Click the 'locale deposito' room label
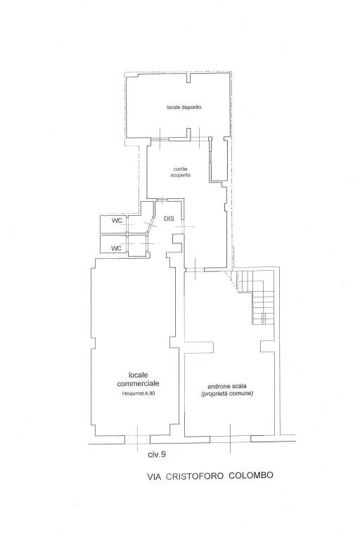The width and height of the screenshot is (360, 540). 184,107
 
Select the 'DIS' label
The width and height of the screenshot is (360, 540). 169,219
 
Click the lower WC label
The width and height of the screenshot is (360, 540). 117,248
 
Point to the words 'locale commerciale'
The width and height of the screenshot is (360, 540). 139,378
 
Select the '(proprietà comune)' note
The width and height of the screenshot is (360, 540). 226,394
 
